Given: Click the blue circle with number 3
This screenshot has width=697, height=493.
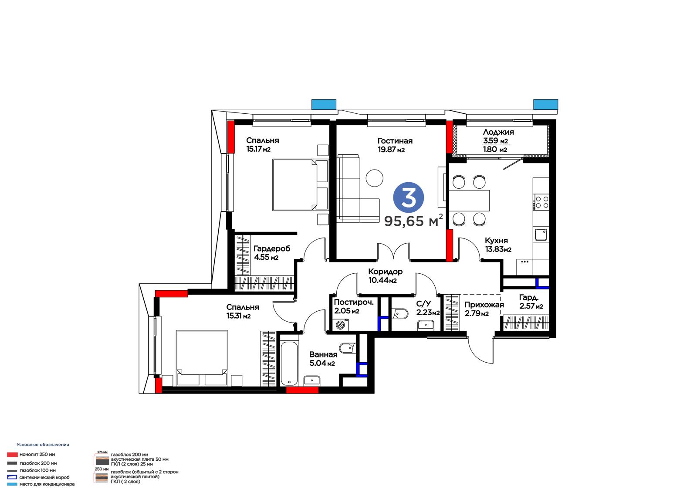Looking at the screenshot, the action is [x=408, y=197].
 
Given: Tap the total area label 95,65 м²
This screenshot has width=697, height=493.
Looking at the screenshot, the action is [x=413, y=221].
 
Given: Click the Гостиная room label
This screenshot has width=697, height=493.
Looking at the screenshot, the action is [x=395, y=141].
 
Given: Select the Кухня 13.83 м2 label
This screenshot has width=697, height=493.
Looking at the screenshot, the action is [x=498, y=245].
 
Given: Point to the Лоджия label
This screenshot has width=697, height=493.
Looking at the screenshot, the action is [x=498, y=132].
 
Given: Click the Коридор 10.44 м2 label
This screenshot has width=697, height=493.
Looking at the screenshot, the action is [x=385, y=275].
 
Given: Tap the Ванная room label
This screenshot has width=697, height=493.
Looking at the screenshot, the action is [x=323, y=354].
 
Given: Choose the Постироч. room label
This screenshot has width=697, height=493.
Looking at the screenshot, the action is [x=354, y=302].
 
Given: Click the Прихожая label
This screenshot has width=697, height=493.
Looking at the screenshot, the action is [x=484, y=305].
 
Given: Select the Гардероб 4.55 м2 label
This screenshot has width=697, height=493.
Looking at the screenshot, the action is [x=272, y=252].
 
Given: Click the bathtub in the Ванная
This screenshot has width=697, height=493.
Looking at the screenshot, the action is [x=289, y=364].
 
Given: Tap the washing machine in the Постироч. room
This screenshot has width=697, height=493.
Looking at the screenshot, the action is [x=342, y=325].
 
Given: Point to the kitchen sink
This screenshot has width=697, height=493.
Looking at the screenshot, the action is [x=541, y=235].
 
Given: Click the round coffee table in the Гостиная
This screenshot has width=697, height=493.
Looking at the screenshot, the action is [x=374, y=178].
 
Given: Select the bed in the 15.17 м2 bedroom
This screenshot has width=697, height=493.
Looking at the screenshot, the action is [x=300, y=185].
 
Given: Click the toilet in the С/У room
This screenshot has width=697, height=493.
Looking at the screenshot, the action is [x=400, y=313].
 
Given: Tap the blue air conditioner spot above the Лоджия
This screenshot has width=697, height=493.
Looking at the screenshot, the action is [x=546, y=104].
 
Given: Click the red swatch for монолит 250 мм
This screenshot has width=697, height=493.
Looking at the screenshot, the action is [x=13, y=455].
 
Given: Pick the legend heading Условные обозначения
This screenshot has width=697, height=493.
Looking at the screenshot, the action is [x=43, y=445].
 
